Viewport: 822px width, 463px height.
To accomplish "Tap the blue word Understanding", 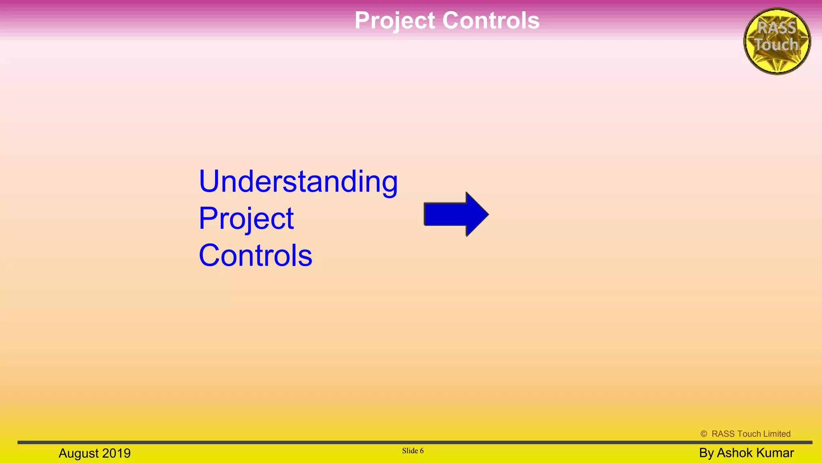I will coord(298,182).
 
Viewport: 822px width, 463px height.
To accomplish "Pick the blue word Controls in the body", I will coord(256,256).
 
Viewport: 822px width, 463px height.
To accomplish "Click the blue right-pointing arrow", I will coord(456,214).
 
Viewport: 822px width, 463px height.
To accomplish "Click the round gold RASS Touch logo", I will coord(777,41).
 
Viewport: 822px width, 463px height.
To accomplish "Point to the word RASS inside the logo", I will coord(777,28).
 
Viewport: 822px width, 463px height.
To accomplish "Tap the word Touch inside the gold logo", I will coord(776,45).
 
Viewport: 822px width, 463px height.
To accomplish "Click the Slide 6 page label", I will coord(413,451).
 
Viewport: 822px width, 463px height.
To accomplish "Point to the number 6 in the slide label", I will coord(421,451).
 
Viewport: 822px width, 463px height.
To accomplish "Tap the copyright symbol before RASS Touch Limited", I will coord(704,434).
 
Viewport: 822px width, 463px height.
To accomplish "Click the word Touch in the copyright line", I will coord(749,434).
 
